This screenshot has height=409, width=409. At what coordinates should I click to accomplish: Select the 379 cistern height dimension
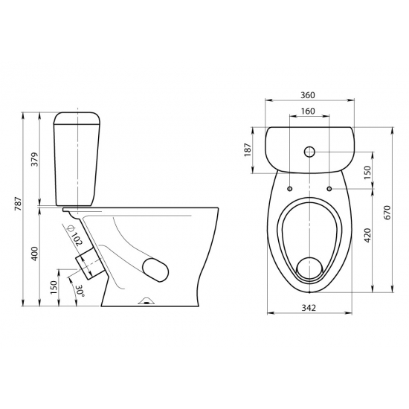click(x=35, y=159)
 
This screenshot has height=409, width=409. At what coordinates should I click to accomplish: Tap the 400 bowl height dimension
click(x=35, y=254)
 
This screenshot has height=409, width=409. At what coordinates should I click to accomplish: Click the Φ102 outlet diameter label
click(x=74, y=235)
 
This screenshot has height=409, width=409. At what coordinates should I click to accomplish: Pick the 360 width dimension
click(x=308, y=95)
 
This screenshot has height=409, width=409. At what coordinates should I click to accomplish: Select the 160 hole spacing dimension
click(x=308, y=111)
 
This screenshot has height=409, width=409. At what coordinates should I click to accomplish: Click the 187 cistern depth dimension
click(x=248, y=149)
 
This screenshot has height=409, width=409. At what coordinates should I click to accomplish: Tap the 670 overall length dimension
click(x=387, y=213)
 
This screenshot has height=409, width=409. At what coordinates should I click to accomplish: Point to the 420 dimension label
click(x=367, y=235)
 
